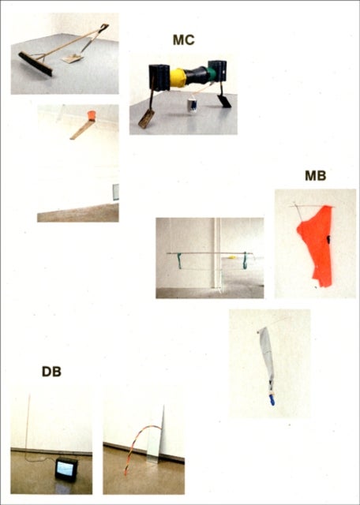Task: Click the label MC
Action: point(184,39)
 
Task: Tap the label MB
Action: point(316,176)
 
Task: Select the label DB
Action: point(51,372)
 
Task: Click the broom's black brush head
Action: point(35,64)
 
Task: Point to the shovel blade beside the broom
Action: point(73,59)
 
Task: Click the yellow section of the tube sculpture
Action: point(178,77)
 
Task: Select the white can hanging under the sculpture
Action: point(193,106)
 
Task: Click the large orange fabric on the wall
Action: point(316,245)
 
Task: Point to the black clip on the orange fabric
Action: point(328,239)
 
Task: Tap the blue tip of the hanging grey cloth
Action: point(272,400)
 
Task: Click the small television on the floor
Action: point(66,469)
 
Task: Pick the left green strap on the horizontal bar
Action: point(180,260)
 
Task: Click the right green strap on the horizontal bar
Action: point(246,261)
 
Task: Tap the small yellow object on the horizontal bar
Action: point(231,257)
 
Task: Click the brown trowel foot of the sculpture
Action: point(146,119)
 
